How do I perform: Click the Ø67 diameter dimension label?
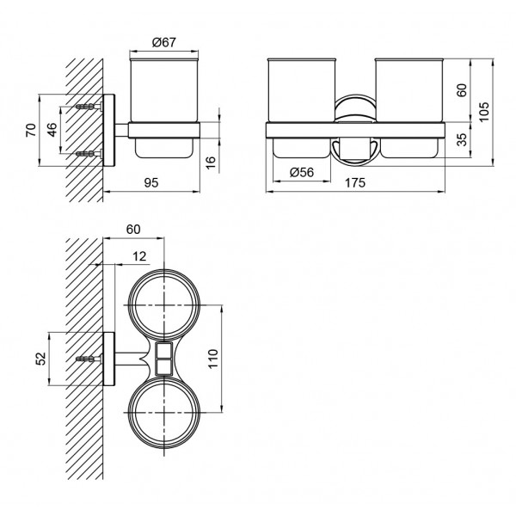click(x=164, y=42)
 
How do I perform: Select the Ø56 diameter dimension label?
click(x=302, y=172)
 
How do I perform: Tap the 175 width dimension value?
click(x=355, y=182)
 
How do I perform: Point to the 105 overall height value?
click(x=484, y=112)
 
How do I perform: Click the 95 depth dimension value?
click(x=151, y=182)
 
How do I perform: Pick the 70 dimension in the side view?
click(x=31, y=130)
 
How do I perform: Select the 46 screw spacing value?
click(x=52, y=130)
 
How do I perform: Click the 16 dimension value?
click(x=210, y=163)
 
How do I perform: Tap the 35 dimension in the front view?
click(x=463, y=139)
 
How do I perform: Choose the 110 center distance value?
click(x=213, y=359)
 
